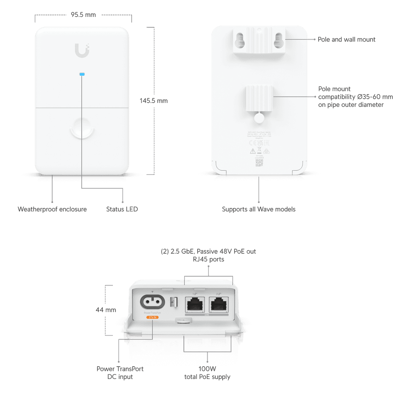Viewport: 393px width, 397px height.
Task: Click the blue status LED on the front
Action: coord(82,74)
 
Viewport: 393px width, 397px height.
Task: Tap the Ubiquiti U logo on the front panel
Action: coord(83,51)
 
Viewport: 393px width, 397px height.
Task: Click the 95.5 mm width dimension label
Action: coord(83,15)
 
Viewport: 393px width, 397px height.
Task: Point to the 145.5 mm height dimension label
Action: coord(153,101)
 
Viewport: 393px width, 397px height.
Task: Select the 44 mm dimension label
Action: coord(106,309)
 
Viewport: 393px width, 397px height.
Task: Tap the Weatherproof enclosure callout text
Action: coord(52,209)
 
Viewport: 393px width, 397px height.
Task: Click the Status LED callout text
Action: coord(122,209)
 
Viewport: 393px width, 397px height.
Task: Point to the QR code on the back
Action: coord(259,162)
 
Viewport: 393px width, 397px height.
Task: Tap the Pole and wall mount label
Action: coord(346,40)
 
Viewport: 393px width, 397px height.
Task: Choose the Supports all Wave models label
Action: coord(259,209)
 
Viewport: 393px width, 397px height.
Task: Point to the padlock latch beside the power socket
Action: coord(173,302)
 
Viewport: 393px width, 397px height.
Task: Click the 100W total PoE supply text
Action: coord(207,373)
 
